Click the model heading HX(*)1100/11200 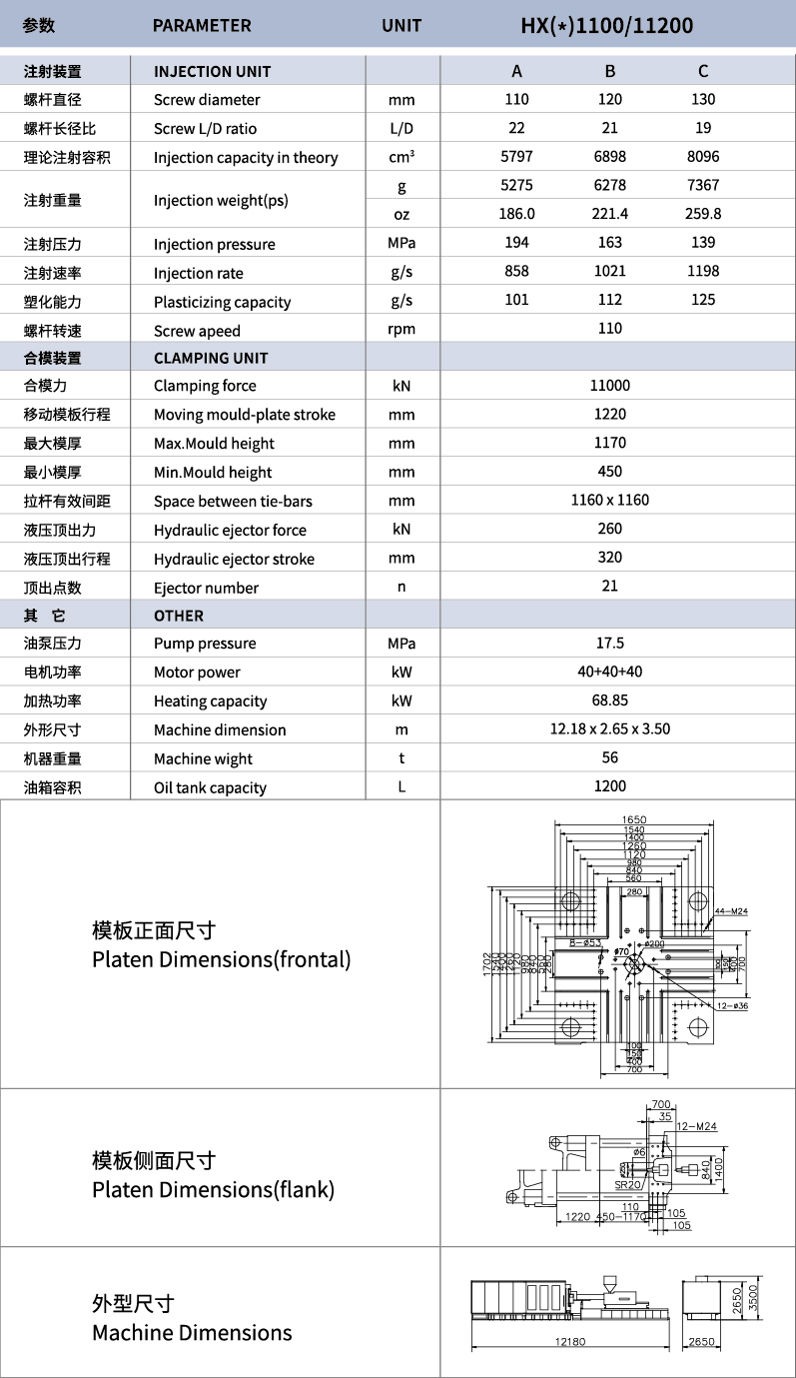(x=606, y=25)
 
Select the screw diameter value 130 (x=703, y=99)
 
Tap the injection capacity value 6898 (x=609, y=157)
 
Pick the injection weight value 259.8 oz (x=703, y=214)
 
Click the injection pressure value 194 (x=516, y=243)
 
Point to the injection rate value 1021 (x=609, y=272)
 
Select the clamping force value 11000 (x=609, y=386)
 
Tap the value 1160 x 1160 (x=609, y=501)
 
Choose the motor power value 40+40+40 (x=609, y=673)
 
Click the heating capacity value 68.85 (x=609, y=701)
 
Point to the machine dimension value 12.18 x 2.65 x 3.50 (x=609, y=729)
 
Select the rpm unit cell (x=401, y=330)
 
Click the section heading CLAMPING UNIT (x=211, y=358)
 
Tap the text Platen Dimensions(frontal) (x=221, y=960)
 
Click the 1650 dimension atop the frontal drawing (x=634, y=820)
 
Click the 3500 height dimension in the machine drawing (x=781, y=1297)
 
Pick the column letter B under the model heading (x=609, y=71)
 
